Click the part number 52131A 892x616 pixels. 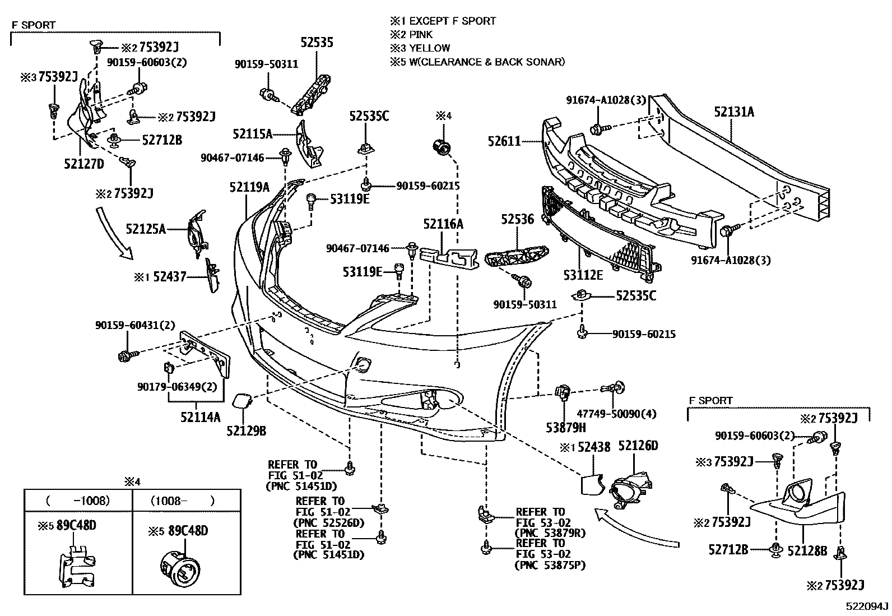pos(733,112)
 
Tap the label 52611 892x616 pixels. pos(504,142)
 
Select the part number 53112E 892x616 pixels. pos(583,275)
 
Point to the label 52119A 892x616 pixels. pos(249,187)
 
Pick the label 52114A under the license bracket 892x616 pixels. pos(200,416)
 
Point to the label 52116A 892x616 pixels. pos(443,224)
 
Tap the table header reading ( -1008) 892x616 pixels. pos(78,501)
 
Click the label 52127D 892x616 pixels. pos(83,164)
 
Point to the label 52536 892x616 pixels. pos(517,219)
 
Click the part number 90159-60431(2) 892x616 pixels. pos(127,325)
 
